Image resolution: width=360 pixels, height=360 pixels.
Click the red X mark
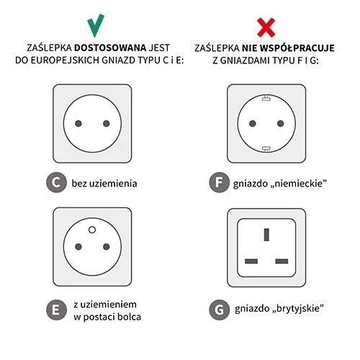(x=266, y=27)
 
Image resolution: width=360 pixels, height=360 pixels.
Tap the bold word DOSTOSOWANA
(x=110, y=48)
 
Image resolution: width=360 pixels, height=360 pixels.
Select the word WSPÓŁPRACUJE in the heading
(x=297, y=48)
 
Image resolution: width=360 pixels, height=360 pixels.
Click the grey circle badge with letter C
(x=56, y=182)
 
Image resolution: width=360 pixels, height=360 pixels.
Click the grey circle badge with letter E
(x=56, y=310)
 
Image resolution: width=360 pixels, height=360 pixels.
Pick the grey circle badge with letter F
(x=219, y=182)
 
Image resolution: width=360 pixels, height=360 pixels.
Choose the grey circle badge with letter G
(x=219, y=310)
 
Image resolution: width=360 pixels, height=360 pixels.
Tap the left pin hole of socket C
(x=78, y=124)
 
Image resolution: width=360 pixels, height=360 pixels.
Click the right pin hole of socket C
(x=107, y=124)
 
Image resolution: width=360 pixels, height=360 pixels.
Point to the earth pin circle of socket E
(x=92, y=230)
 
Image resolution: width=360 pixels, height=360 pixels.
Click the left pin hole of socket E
(x=78, y=247)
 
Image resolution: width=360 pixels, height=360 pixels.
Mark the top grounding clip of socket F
(x=266, y=98)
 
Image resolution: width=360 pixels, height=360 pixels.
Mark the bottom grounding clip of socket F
(x=266, y=149)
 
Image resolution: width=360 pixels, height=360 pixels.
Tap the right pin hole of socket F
(x=280, y=124)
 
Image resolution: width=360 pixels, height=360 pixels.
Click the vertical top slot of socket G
(x=266, y=235)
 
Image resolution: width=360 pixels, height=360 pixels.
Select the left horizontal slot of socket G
(x=251, y=261)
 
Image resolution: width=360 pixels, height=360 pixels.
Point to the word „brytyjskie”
(x=298, y=309)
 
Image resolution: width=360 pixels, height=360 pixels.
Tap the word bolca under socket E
(x=129, y=317)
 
